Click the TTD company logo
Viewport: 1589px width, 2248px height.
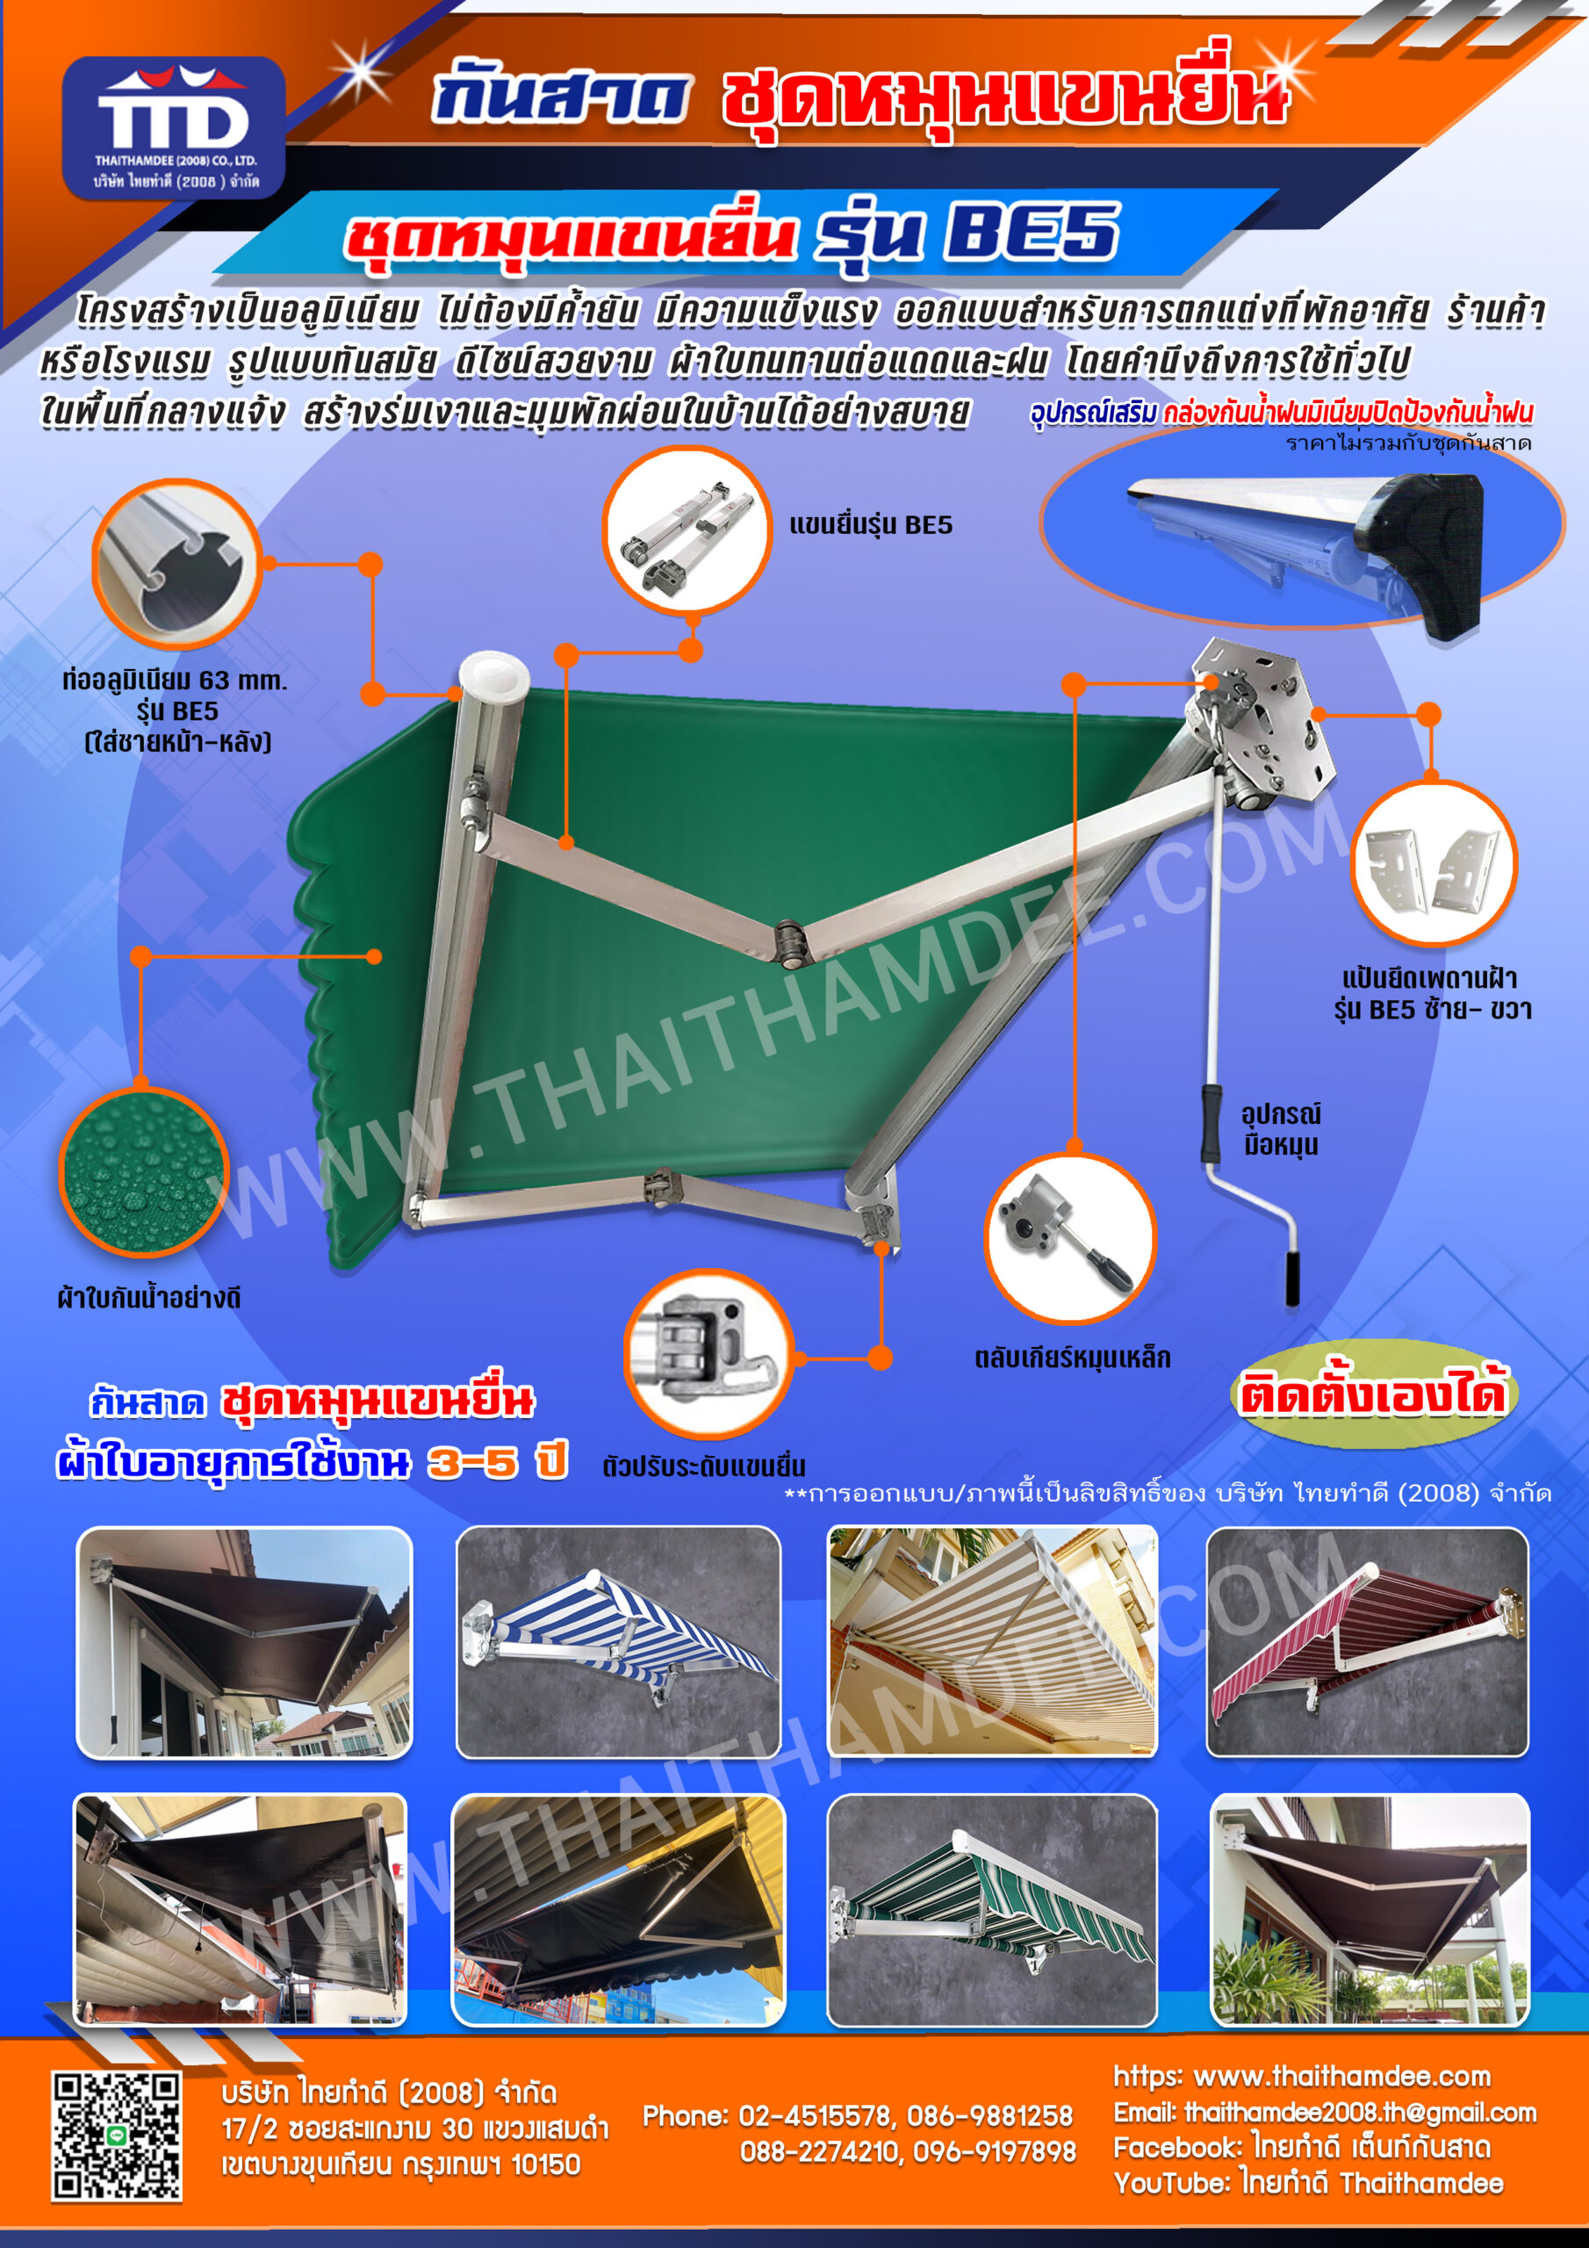[x=173, y=127]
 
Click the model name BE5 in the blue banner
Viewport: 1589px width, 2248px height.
[x=1031, y=232]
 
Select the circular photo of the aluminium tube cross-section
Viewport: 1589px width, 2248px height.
[x=176, y=564]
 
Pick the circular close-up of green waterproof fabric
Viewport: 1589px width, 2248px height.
[x=144, y=1171]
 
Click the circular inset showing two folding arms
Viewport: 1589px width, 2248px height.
[x=687, y=531]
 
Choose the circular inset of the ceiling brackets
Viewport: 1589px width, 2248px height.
[x=1434, y=862]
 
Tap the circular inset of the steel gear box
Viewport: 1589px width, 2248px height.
[x=1070, y=1238]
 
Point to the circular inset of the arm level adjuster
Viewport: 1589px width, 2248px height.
[x=708, y=1355]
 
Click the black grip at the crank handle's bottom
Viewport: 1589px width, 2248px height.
[x=1292, y=1277]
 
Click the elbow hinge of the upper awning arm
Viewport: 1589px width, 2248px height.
[x=790, y=943]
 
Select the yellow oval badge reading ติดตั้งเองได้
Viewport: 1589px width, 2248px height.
[x=1373, y=1394]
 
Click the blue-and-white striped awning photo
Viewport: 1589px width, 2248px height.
[x=619, y=1642]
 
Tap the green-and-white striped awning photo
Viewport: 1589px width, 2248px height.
[x=992, y=1910]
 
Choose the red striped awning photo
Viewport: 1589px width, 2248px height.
[x=1367, y=1642]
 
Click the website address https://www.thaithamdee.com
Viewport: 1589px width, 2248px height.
[x=1302, y=2077]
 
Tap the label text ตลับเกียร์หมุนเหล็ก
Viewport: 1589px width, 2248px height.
[x=1072, y=1358]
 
